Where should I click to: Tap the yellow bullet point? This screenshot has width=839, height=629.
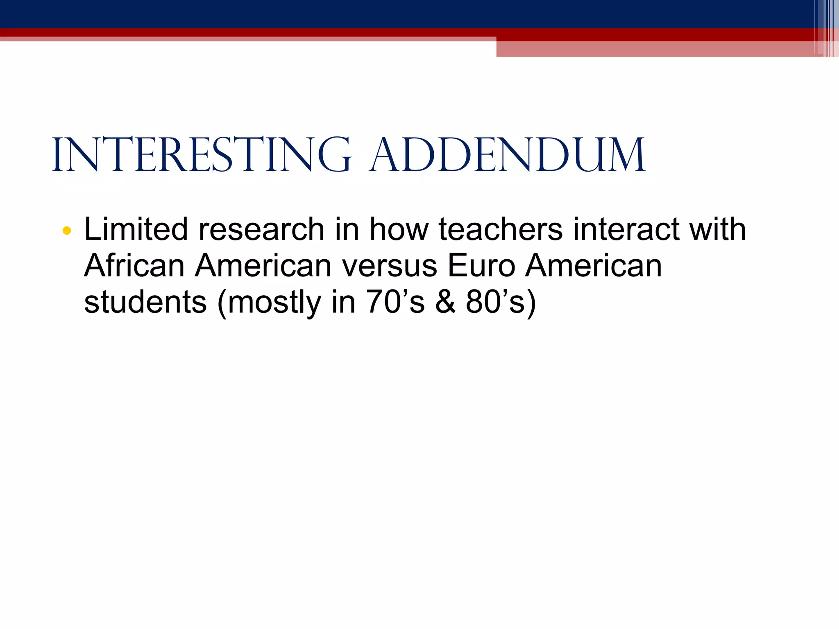[x=67, y=231]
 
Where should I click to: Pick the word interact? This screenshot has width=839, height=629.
[x=626, y=229]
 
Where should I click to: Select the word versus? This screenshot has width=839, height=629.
[x=390, y=266]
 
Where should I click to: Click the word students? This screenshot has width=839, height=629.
[x=145, y=302]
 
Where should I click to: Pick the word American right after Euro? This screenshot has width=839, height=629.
[x=594, y=266]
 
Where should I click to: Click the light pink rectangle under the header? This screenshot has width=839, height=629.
[x=655, y=49]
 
